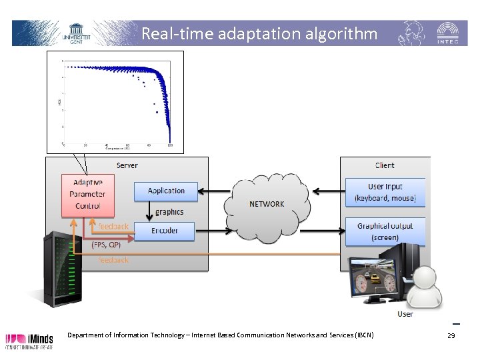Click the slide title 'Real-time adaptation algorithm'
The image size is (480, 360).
(x=259, y=33)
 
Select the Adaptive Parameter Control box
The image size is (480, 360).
(x=87, y=195)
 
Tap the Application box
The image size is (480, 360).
(x=166, y=191)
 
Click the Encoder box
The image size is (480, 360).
(x=165, y=231)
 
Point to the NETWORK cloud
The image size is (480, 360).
(x=267, y=204)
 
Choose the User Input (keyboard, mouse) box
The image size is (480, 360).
(x=385, y=192)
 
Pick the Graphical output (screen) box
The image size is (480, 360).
(x=385, y=231)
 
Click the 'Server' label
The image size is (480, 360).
(x=127, y=165)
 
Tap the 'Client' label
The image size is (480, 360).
(x=384, y=165)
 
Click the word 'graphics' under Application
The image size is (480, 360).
(x=169, y=212)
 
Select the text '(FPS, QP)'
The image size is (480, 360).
(x=106, y=245)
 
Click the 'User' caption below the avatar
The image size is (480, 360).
(x=405, y=314)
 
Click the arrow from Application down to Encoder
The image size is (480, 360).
(x=149, y=211)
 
